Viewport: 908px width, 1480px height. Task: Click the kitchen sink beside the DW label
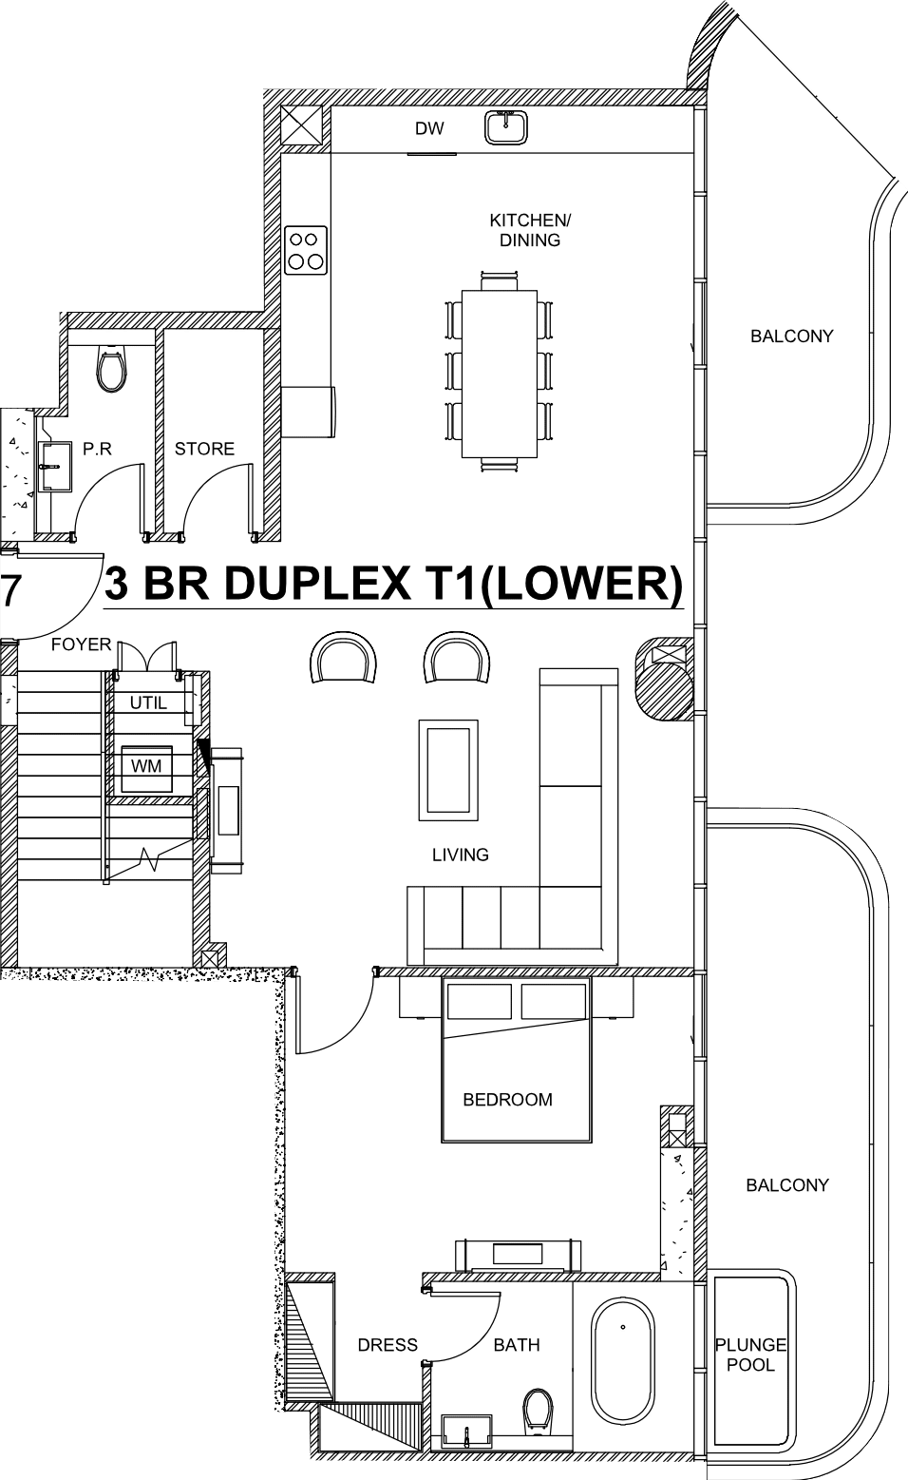tap(506, 126)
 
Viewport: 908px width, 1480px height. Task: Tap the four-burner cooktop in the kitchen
tap(307, 250)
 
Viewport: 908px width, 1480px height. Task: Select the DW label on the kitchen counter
tap(429, 128)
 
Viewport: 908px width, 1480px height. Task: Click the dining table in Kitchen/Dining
tap(500, 374)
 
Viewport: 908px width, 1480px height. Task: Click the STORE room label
tap(204, 449)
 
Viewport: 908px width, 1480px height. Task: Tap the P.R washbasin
tap(54, 467)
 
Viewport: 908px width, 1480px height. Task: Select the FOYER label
tap(82, 644)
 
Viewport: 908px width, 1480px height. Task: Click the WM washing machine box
tap(146, 768)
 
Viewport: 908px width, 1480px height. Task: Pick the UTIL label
tap(148, 702)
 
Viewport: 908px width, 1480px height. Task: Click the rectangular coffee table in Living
tap(448, 770)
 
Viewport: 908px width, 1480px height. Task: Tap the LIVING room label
tap(461, 855)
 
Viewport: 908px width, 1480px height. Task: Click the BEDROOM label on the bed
tap(507, 1100)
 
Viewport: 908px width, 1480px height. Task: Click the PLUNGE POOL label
tap(751, 1354)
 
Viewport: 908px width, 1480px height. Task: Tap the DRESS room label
tap(388, 1345)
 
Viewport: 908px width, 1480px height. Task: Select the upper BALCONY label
tap(792, 336)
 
